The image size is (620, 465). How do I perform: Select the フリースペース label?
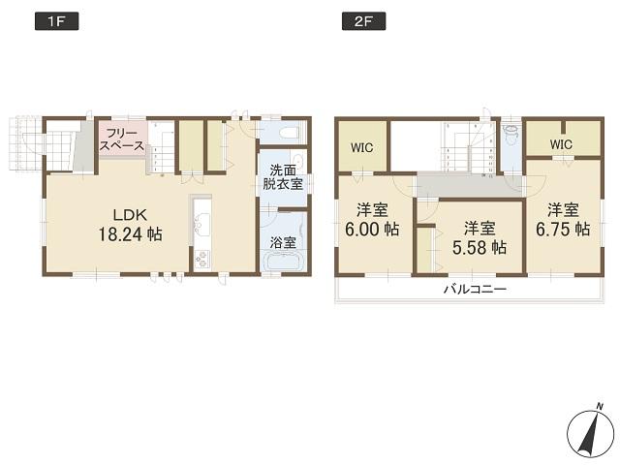tap(121, 139)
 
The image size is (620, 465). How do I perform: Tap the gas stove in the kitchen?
tap(202, 259)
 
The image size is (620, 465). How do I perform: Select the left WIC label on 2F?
tap(362, 148)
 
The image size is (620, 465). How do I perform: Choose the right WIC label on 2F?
tap(561, 144)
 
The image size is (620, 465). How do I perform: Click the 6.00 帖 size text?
tap(371, 229)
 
